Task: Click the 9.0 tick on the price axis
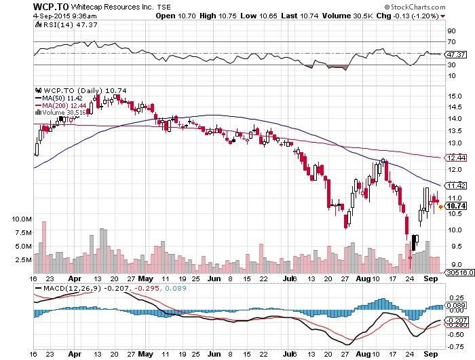point(451,264)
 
